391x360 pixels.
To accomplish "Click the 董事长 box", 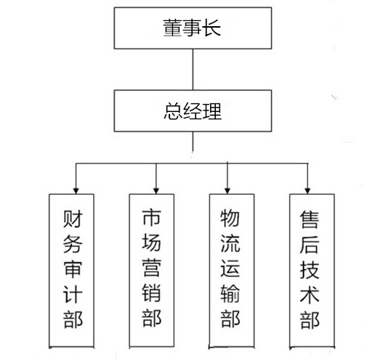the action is [x=193, y=28].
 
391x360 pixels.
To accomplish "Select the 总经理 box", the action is [x=193, y=111].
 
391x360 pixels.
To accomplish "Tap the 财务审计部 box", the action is [x=71, y=271].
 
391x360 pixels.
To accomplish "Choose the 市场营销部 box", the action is [x=152, y=271].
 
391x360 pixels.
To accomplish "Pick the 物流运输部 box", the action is [x=232, y=271].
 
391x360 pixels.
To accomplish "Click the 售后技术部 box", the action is [x=312, y=271].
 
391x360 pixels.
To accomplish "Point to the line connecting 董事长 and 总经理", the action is [x=193, y=69].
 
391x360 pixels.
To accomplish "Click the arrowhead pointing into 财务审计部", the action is [x=76, y=191].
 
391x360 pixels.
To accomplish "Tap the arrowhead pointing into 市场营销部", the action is [x=156, y=191].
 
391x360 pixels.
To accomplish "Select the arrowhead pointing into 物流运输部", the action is [x=227, y=191].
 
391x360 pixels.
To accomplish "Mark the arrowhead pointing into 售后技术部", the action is [x=307, y=191].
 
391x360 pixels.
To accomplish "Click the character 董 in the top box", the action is [x=172, y=28].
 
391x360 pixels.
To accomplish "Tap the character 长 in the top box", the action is [x=211, y=28].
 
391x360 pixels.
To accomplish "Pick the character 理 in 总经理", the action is [x=212, y=111].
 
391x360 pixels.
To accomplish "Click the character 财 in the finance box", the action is [x=73, y=219].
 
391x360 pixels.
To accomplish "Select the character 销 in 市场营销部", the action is [x=151, y=292].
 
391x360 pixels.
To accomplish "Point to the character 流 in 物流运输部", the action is [x=230, y=243].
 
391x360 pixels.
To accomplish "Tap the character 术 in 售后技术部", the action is [x=310, y=295].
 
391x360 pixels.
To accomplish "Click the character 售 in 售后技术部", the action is [x=310, y=220].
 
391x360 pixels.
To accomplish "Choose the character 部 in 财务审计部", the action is [x=73, y=319].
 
